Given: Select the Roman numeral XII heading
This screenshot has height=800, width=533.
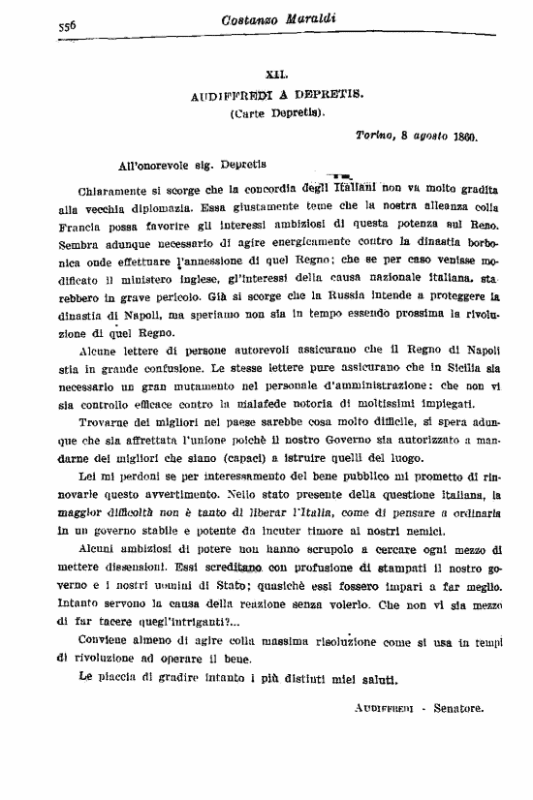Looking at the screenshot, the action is (276, 75).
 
